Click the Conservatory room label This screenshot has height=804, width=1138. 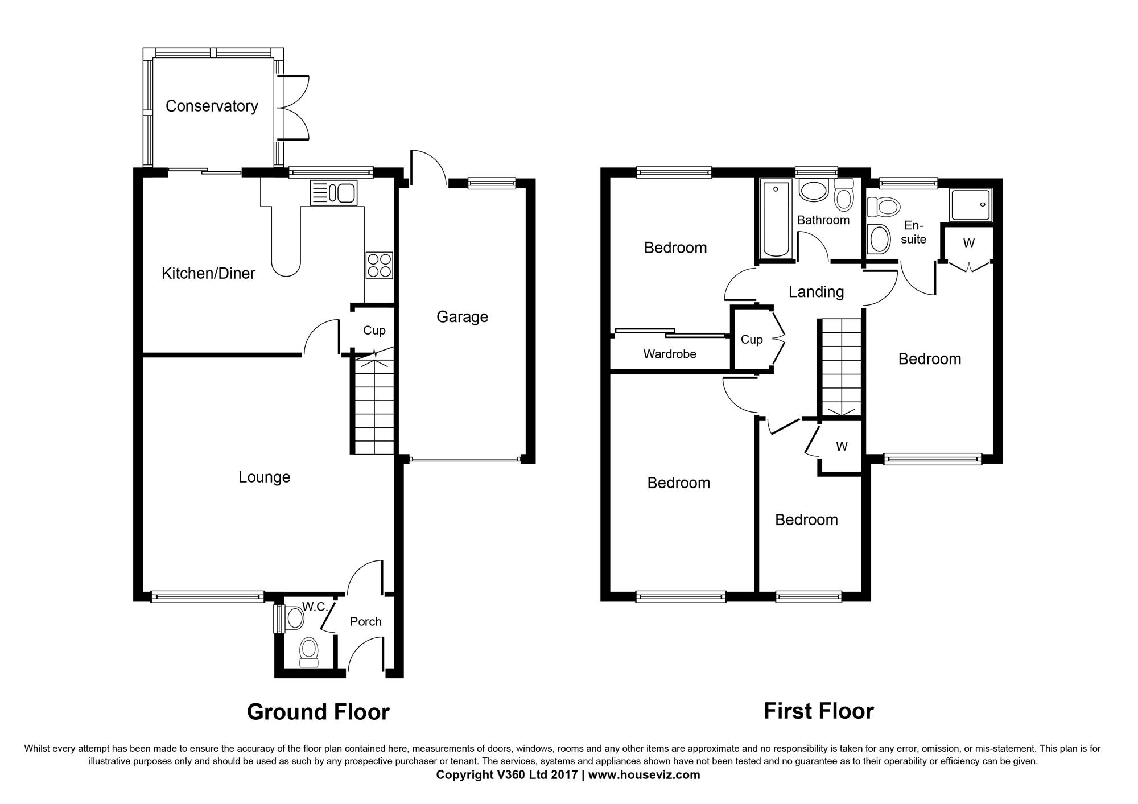click(212, 106)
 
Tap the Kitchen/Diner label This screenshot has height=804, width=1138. click(208, 273)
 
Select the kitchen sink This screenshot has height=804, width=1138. click(333, 193)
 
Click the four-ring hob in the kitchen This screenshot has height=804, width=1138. click(380, 265)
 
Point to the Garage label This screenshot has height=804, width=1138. click(462, 317)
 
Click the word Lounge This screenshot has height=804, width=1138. click(264, 477)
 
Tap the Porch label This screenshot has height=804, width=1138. click(365, 621)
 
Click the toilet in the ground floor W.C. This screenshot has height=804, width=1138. click(308, 652)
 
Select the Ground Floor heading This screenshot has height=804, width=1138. click(318, 712)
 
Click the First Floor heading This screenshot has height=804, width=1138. click(818, 711)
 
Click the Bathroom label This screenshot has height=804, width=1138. click(823, 220)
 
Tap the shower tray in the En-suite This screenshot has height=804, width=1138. click(970, 205)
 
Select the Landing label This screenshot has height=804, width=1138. click(816, 292)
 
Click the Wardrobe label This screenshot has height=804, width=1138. click(670, 354)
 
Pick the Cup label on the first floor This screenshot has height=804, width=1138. click(752, 340)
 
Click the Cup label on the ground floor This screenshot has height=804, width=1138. click(374, 331)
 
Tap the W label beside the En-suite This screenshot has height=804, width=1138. click(968, 243)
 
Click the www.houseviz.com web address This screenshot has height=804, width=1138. click(644, 774)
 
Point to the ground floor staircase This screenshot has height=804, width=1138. click(372, 405)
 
